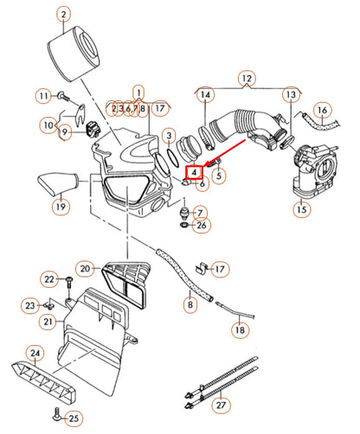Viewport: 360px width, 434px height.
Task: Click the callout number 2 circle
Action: [x=64, y=14]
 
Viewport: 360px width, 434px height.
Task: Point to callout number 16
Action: [x=321, y=110]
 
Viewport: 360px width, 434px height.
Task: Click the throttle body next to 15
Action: [x=306, y=169]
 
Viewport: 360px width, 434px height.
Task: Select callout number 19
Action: [x=59, y=207]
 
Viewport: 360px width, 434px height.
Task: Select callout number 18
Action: [x=239, y=330]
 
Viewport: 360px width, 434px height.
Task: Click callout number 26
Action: [x=201, y=227]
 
